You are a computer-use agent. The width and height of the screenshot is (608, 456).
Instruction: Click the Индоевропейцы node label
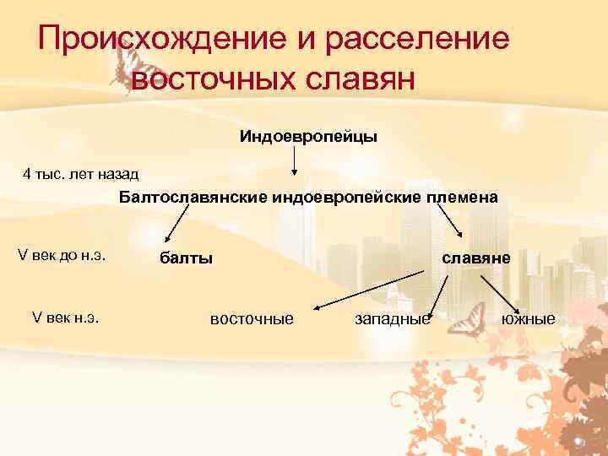coord(307,136)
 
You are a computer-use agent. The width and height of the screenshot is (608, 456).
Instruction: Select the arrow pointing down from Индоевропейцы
coord(294,160)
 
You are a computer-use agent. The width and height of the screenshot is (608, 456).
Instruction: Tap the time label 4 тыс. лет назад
coord(80,174)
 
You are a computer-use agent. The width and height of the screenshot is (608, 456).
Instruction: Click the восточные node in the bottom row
coord(252,319)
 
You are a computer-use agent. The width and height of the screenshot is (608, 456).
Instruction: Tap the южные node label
coord(529,319)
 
